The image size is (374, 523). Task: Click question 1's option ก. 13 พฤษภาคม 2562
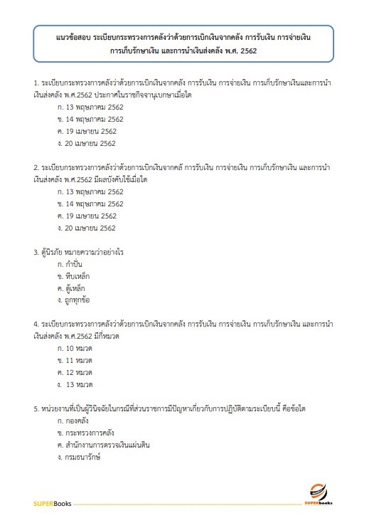pos(90,107)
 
